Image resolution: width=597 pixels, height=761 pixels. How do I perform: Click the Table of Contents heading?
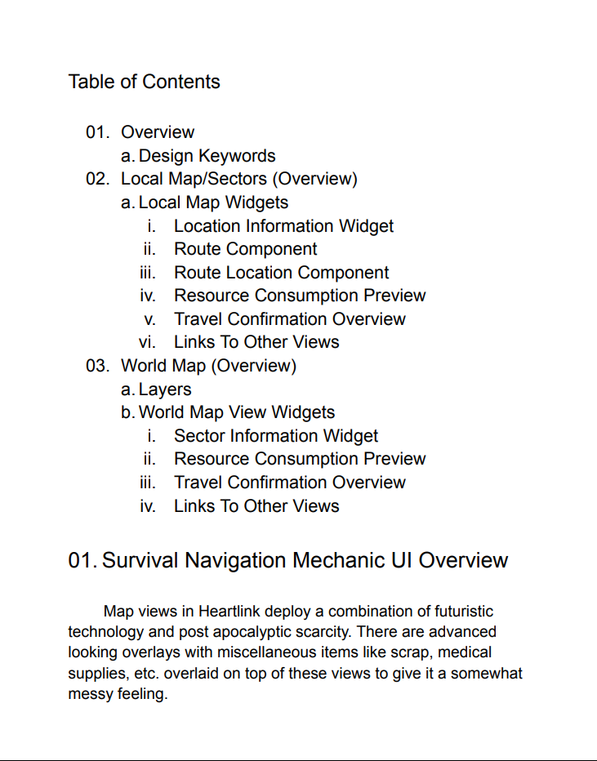click(x=144, y=82)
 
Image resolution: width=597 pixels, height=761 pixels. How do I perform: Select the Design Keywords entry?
click(x=207, y=156)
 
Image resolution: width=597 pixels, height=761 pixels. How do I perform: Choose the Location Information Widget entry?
click(x=283, y=226)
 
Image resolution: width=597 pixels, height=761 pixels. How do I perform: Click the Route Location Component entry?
click(x=281, y=273)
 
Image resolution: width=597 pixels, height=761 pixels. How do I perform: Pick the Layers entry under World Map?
click(x=165, y=389)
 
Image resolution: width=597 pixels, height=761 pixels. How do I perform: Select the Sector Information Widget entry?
click(x=276, y=436)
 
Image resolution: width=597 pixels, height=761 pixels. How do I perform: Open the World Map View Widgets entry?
click(x=236, y=412)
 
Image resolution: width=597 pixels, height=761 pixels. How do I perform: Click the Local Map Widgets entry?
click(x=213, y=202)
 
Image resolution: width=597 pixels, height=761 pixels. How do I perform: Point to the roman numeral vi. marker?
click(x=147, y=343)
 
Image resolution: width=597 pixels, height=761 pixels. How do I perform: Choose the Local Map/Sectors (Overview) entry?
click(x=238, y=179)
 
